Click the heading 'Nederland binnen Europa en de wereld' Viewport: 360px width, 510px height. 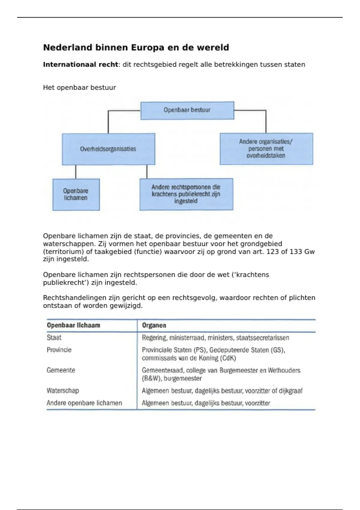click(136, 48)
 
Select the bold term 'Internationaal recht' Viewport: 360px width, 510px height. click(80, 64)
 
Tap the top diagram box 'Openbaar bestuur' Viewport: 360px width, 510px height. click(187, 110)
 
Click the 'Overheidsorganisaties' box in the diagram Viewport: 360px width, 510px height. click(108, 149)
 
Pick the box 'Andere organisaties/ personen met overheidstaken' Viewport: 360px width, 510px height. click(266, 149)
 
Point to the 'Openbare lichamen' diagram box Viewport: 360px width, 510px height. click(76, 194)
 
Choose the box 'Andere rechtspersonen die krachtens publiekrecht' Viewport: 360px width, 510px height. click(186, 194)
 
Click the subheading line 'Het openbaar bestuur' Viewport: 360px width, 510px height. click(79, 88)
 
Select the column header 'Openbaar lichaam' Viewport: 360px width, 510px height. click(73, 325)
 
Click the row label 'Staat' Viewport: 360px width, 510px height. click(54, 338)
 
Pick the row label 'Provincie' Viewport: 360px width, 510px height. click(59, 350)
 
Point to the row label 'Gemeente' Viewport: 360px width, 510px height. click(61, 370)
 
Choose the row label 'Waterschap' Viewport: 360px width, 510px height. click(63, 391)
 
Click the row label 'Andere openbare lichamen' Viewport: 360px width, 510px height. click(84, 403)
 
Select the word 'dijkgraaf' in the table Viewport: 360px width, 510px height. click(291, 391)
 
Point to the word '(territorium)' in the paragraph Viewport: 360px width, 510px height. click(63, 252)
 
